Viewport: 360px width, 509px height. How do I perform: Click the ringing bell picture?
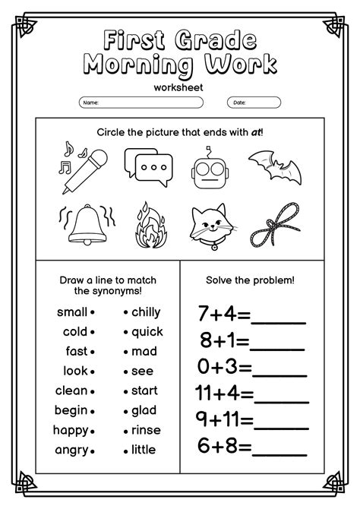pyautogui.click(x=85, y=222)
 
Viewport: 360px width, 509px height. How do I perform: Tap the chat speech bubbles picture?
pyautogui.click(x=149, y=167)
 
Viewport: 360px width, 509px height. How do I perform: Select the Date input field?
pyautogui.click(x=254, y=102)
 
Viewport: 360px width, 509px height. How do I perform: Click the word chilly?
pyautogui.click(x=146, y=311)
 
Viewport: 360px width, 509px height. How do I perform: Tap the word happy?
pyautogui.click(x=71, y=430)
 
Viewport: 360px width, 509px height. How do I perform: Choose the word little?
pyautogui.click(x=144, y=450)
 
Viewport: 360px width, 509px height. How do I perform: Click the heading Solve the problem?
pyautogui.click(x=251, y=280)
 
